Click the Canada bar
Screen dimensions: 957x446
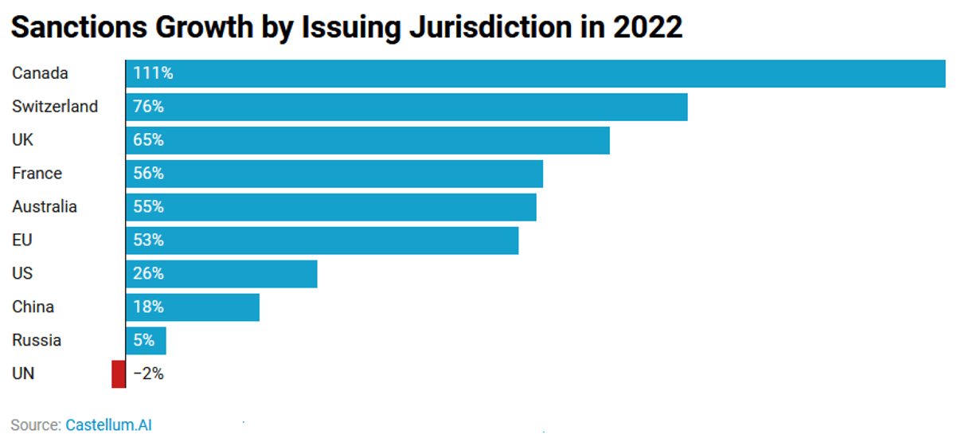click(x=536, y=73)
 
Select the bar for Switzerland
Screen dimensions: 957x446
click(x=407, y=107)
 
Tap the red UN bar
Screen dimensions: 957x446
click(x=119, y=374)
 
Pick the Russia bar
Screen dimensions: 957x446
click(x=146, y=341)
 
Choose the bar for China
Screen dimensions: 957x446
click(x=193, y=307)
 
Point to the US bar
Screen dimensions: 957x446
click(x=221, y=274)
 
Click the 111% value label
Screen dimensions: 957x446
click(x=153, y=73)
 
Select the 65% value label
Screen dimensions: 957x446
click(x=148, y=139)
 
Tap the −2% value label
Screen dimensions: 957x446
click(x=148, y=374)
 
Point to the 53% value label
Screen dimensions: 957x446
click(x=148, y=240)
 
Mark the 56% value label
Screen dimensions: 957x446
click(x=148, y=173)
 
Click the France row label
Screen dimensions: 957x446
click(x=37, y=173)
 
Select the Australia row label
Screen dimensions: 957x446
click(x=45, y=207)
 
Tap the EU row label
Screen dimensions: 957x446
click(x=22, y=240)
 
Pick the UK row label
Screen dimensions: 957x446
click(x=22, y=139)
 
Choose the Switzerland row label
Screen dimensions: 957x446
click(x=55, y=107)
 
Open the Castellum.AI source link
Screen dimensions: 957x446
click(x=108, y=425)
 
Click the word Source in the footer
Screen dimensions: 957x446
click(x=36, y=425)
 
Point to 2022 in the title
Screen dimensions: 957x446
click(x=647, y=27)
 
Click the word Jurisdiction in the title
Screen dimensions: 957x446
click(x=490, y=27)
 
